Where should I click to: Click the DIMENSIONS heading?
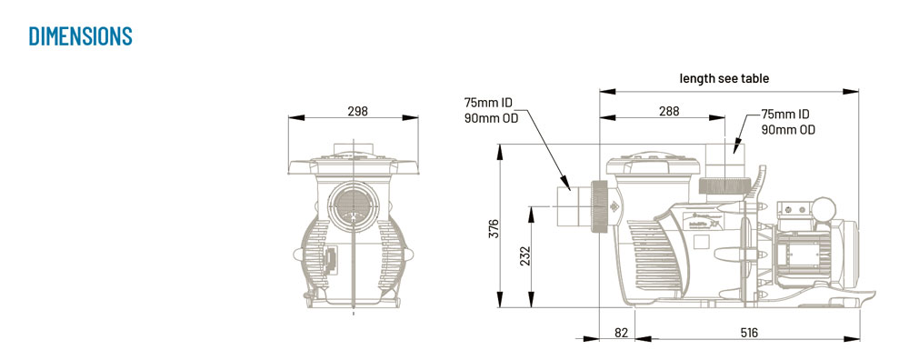point(81,36)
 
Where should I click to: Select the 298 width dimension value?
point(357,111)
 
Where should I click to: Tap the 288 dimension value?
point(669,111)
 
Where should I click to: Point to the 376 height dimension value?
point(494,228)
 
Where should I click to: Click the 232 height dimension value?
point(525,256)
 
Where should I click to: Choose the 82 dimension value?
point(621,333)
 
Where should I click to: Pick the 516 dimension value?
point(748,333)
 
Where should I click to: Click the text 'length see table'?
point(724,78)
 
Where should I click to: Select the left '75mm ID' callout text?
point(488,104)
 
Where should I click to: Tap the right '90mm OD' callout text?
point(788,130)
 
